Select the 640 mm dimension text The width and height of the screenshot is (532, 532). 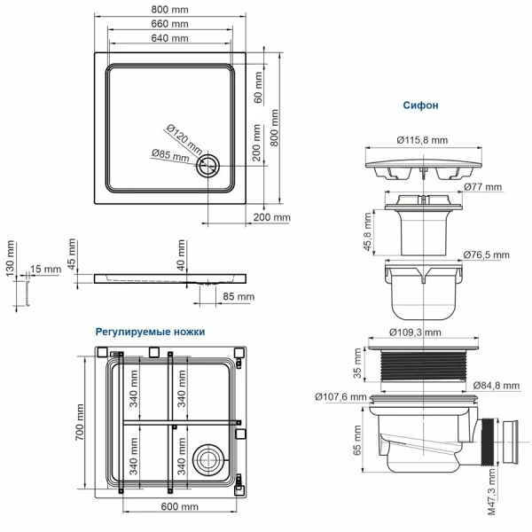tap(168, 40)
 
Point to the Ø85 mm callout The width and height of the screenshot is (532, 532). tap(169, 156)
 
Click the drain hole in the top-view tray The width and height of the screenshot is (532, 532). tap(211, 165)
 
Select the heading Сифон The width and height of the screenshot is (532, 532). tap(421, 105)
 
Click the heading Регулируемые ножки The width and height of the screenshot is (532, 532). tap(151, 331)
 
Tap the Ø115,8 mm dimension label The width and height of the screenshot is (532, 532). tap(422, 140)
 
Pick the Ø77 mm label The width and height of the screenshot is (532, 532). tap(482, 188)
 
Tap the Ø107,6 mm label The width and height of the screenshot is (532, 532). tap(340, 396)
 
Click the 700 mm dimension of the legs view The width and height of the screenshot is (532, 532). tap(80, 423)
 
